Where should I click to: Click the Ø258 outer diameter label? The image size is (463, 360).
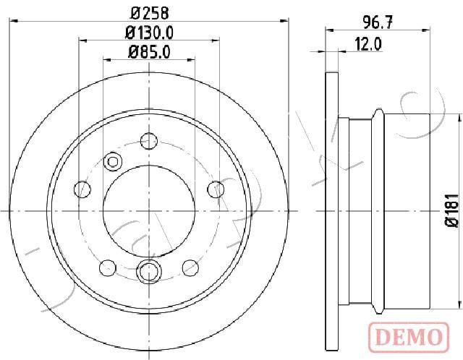pos(150,13)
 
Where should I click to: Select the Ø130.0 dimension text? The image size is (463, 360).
pos(149,33)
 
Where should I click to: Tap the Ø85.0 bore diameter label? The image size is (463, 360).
pos(149,53)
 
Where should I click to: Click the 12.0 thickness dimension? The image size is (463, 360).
pos(368,45)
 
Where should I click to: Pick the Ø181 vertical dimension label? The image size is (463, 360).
pos(453,210)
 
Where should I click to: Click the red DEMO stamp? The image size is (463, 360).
pos(409,337)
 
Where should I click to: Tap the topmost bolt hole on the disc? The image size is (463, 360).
pos(149,141)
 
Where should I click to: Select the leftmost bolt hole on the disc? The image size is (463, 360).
pos(82,189)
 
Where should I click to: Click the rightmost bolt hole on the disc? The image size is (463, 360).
pos(216,189)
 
